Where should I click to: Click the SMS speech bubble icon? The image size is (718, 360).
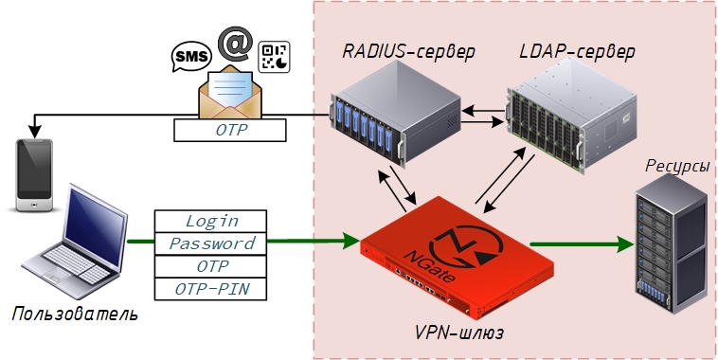191,57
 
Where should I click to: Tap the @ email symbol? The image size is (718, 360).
235,44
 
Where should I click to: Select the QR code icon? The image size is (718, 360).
274,57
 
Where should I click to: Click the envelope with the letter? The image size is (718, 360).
230,92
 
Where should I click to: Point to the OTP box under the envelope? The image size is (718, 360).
230,130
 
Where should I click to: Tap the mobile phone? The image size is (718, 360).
34,175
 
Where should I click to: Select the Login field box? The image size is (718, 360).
210,222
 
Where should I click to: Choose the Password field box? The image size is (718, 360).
210,243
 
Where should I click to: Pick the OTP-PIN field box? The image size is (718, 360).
210,289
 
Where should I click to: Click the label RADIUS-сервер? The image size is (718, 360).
408,51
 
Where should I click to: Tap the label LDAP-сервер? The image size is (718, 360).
578,51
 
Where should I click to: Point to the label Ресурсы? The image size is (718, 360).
677,166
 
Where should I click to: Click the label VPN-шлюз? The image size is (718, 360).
459,333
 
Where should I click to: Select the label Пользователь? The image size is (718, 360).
75,315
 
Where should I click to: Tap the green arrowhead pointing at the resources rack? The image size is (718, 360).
625,244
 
